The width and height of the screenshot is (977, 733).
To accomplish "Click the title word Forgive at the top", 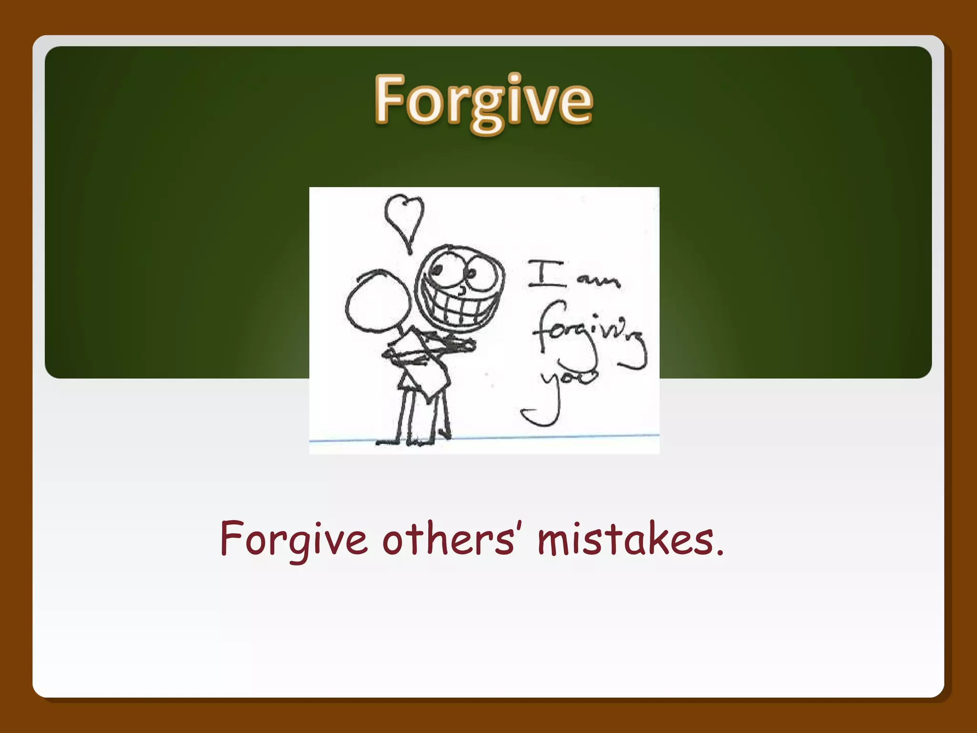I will [x=483, y=101].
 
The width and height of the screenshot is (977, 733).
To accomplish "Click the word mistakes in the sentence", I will [x=625, y=539].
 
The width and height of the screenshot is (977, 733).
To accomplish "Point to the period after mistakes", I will [x=720, y=554].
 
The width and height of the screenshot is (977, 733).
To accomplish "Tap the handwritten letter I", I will [x=545, y=274].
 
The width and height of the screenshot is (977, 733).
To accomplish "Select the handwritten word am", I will [x=598, y=282].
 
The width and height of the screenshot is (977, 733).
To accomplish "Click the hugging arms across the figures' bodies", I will [x=429, y=351].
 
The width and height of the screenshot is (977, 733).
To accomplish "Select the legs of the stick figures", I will [x=422, y=415].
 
